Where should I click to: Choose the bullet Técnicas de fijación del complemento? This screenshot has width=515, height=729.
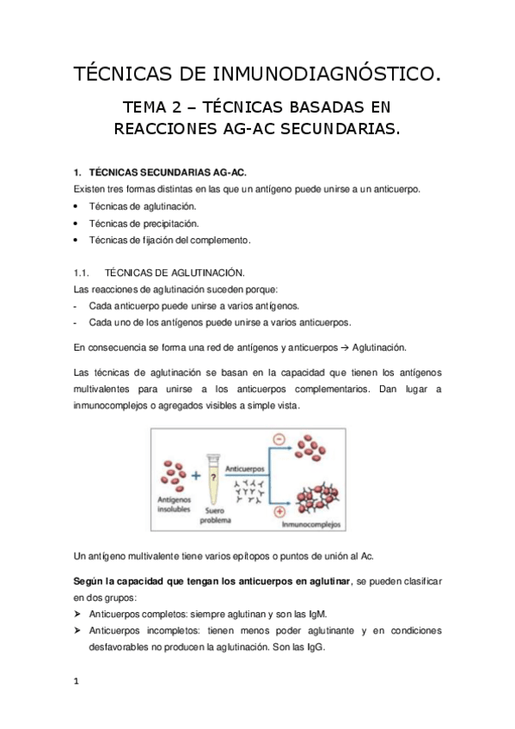[169, 240]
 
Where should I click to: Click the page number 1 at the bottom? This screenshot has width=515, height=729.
[77, 683]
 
